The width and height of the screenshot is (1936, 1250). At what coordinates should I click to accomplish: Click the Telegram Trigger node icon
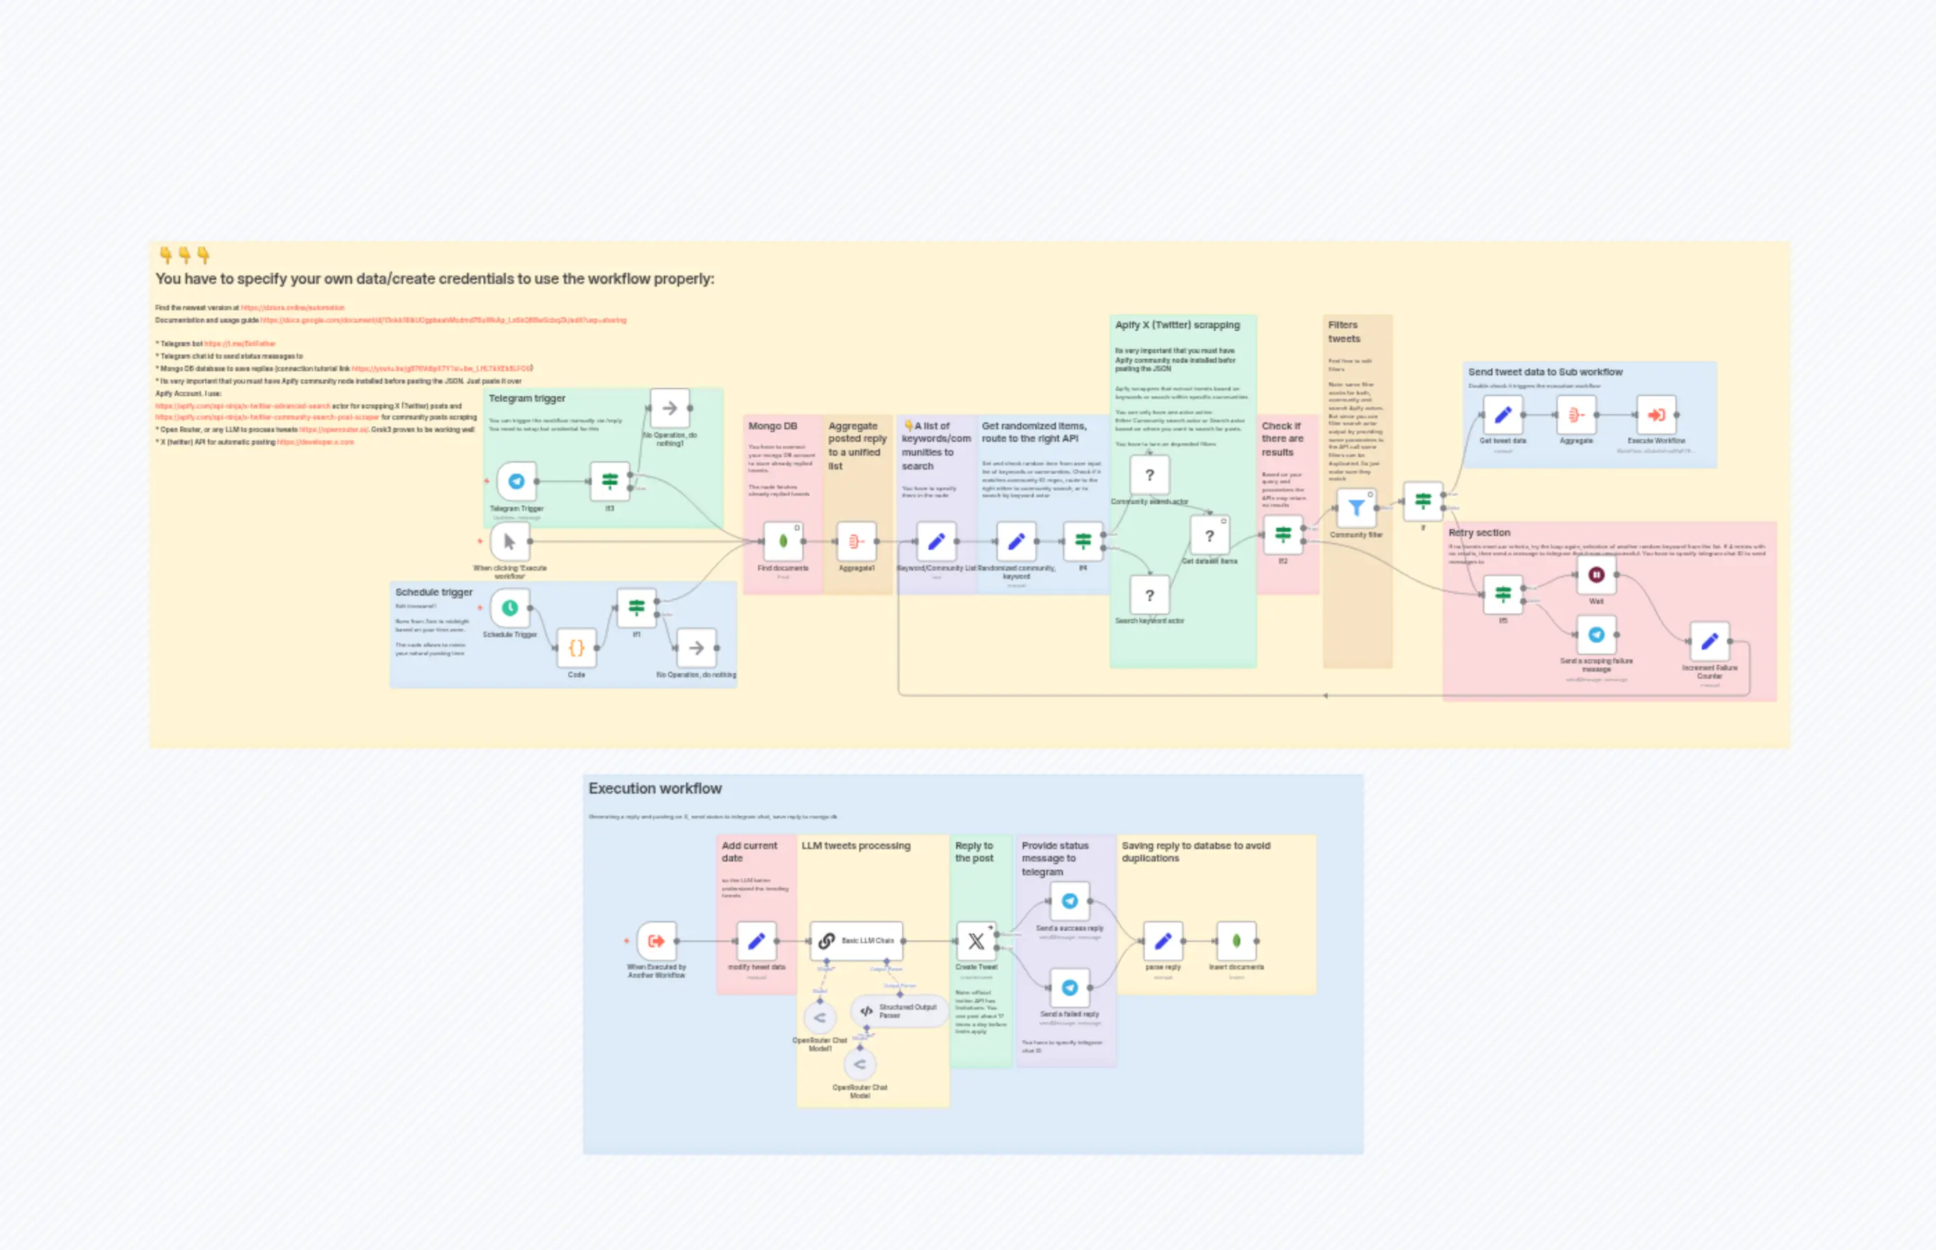click(516, 481)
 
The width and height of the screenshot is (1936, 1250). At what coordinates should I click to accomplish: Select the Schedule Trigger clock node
click(510, 607)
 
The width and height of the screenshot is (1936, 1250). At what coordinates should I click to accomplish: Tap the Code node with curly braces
click(577, 648)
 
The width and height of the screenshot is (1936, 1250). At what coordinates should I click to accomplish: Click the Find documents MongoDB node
click(783, 541)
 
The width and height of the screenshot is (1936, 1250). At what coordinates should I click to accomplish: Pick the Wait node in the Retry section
click(1596, 575)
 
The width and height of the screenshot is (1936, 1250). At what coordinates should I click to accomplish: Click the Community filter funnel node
click(1355, 508)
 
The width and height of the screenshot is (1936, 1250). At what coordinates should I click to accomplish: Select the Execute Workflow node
click(1656, 415)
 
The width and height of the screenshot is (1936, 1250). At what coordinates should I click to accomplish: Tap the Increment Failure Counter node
click(1709, 641)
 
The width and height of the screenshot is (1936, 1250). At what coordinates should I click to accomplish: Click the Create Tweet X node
click(976, 940)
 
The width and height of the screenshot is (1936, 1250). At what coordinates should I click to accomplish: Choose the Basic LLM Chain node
click(856, 940)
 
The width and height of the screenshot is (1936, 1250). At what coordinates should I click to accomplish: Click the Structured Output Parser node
click(899, 1010)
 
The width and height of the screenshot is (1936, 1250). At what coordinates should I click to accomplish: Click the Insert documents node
click(1236, 940)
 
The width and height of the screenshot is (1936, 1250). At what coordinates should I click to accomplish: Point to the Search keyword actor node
click(1149, 595)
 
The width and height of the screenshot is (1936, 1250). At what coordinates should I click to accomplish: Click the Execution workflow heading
click(655, 788)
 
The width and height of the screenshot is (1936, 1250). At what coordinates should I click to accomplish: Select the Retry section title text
click(1479, 533)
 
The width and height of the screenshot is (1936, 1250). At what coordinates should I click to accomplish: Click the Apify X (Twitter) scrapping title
click(1177, 325)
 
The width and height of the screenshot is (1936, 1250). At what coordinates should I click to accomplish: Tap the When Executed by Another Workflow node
click(656, 940)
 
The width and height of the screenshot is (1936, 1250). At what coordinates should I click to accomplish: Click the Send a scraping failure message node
click(1596, 635)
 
